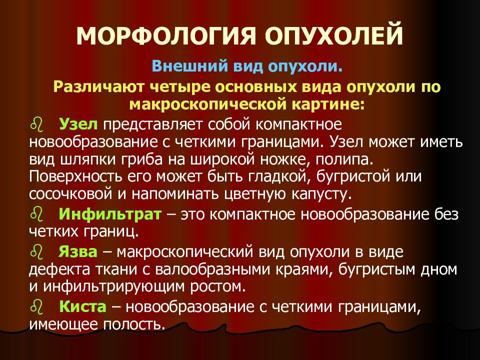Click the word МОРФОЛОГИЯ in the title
pyautogui.click(x=165, y=35)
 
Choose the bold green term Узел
pyautogui.click(x=78, y=124)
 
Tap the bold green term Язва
pyautogui.click(x=78, y=252)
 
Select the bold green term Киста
pyautogui.click(x=82, y=306)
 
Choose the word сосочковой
pyautogui.click(x=71, y=194)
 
